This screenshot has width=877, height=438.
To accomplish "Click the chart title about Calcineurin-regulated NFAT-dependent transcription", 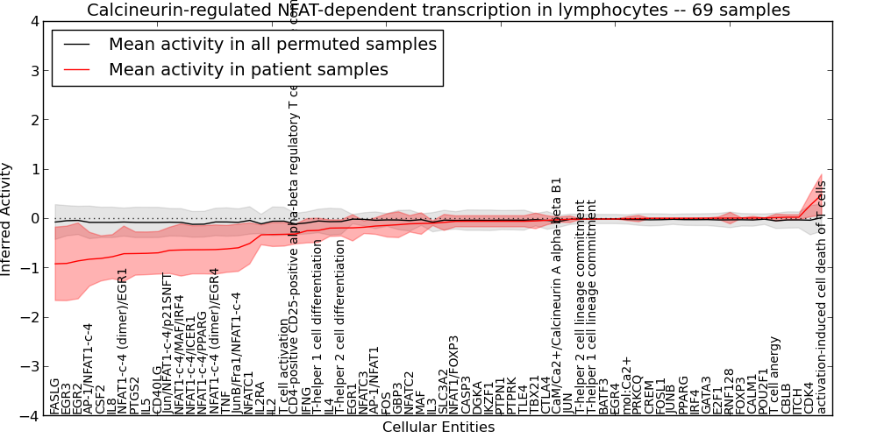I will [x=438, y=10].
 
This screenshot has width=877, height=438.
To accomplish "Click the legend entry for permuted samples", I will [x=272, y=44].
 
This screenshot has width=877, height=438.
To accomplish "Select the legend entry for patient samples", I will [x=248, y=69].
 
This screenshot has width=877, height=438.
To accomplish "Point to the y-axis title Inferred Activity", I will [x=8, y=219].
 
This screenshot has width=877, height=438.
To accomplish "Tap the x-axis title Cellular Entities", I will [x=438, y=427].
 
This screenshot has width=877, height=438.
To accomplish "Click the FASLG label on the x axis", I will [x=55, y=396].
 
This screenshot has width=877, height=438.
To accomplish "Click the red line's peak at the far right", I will [x=821, y=194].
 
